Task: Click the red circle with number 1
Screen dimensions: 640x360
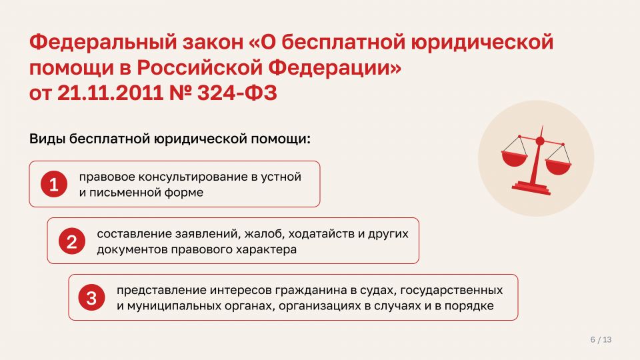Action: coord(54,184)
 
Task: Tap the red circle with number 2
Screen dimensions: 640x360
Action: coord(72,241)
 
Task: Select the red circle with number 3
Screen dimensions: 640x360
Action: coord(91,297)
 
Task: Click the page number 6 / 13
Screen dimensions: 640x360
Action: coord(601,339)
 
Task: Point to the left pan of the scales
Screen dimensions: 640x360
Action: coord(515,158)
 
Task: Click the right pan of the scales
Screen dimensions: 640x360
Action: coord(558,167)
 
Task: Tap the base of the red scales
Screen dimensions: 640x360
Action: coord(531,188)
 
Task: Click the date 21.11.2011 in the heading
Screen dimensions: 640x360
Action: coord(110,93)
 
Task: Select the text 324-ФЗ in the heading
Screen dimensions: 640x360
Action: coord(237,93)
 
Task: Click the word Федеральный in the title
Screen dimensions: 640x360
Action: coord(103,42)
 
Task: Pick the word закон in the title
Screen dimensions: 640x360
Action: coord(213,43)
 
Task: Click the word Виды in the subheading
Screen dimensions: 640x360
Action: coord(47,139)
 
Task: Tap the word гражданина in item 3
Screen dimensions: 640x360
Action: coord(311,291)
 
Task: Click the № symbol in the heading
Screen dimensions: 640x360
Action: coord(181,93)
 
